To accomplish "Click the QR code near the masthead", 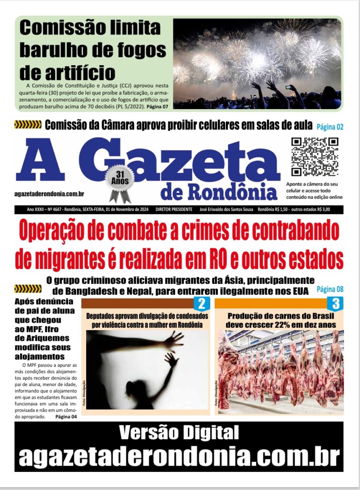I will click(315, 156).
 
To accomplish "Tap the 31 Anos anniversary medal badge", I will click(120, 181).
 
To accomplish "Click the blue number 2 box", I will click(202, 303).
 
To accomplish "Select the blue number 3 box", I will click(336, 303).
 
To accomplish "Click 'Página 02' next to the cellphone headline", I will click(330, 127).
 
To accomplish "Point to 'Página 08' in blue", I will click(330, 289).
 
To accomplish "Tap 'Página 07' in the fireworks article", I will click(157, 106).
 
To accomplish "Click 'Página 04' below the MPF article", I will click(66, 416).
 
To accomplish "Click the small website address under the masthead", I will click(50, 193).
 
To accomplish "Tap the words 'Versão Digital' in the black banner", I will click(179, 433).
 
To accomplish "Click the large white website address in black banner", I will click(179, 456).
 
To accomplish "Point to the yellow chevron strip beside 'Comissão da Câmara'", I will click(28, 125).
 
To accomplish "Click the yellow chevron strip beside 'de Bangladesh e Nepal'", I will click(28, 289).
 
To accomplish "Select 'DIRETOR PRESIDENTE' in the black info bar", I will click(174, 210).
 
